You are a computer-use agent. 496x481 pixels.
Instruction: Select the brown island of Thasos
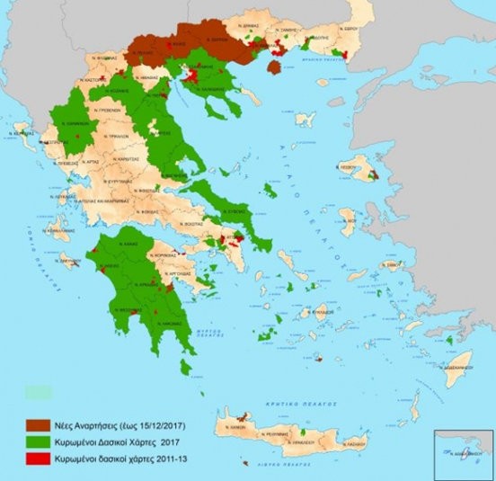[x=277, y=66]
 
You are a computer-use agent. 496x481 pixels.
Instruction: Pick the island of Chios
[x=348, y=218]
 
